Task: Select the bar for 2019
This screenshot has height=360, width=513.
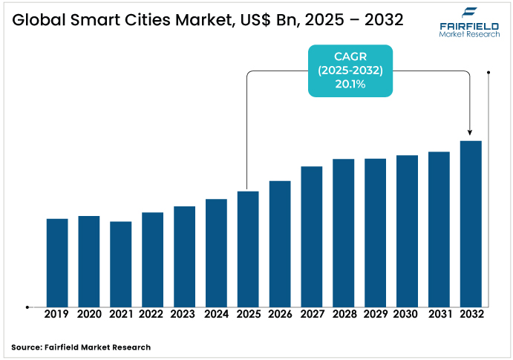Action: tap(57, 262)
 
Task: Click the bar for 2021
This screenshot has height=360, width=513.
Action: tap(121, 264)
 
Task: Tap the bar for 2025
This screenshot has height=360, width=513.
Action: tap(248, 249)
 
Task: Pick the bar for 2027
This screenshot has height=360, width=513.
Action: tap(312, 236)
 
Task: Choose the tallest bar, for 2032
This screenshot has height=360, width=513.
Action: tap(471, 223)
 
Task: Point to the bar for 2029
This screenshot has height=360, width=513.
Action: tap(375, 232)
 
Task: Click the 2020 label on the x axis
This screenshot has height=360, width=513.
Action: tap(89, 314)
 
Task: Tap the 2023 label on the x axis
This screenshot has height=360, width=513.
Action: tap(184, 314)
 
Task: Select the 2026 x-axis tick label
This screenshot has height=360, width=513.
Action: tap(280, 314)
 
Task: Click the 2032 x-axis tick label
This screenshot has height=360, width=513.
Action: tap(471, 314)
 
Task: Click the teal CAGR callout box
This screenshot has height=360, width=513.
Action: tap(350, 71)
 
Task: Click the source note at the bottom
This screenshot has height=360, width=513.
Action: tap(81, 347)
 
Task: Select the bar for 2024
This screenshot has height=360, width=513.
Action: tap(216, 252)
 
